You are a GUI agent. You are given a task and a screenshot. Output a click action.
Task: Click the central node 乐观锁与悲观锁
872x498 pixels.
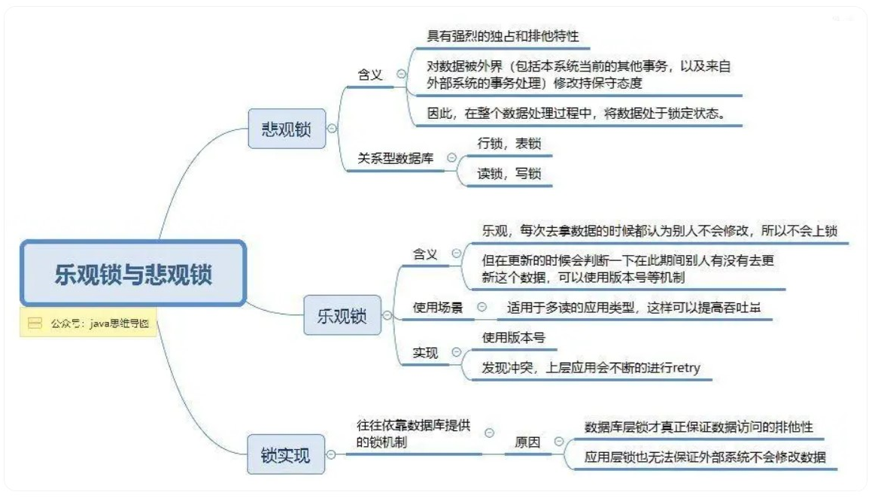(x=133, y=273)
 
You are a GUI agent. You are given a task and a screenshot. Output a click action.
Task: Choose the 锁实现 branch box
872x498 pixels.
(x=285, y=455)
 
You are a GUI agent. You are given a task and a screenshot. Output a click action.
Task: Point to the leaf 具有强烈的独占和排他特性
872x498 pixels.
(x=503, y=35)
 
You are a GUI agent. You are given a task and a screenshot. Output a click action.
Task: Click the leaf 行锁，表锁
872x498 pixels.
(x=509, y=144)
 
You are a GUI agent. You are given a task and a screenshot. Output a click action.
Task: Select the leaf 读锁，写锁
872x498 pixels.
(x=509, y=173)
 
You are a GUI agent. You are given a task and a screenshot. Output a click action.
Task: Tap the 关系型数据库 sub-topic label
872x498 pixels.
(x=395, y=159)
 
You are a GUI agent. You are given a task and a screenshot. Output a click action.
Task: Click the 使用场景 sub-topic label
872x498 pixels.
(x=437, y=307)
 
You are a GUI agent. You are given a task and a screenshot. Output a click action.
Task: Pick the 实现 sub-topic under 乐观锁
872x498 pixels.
(x=425, y=352)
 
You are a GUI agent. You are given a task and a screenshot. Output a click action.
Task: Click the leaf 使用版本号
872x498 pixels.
(x=512, y=338)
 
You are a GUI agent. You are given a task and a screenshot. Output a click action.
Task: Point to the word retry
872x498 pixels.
(x=685, y=368)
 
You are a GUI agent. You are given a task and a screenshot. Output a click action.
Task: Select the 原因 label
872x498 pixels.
(x=527, y=442)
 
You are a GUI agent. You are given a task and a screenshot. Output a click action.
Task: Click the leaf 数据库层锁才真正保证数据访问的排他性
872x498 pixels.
(x=698, y=427)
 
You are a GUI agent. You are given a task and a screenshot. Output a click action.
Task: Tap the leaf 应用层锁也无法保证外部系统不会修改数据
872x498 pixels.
(x=705, y=457)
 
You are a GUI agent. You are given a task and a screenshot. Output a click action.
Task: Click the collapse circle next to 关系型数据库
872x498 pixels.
(x=451, y=158)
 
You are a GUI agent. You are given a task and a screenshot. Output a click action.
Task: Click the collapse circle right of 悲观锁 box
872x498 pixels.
(x=331, y=129)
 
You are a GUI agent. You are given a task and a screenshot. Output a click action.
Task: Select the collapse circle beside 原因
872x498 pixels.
(x=558, y=442)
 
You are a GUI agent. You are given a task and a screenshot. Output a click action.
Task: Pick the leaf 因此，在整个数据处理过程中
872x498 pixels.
(x=576, y=114)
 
